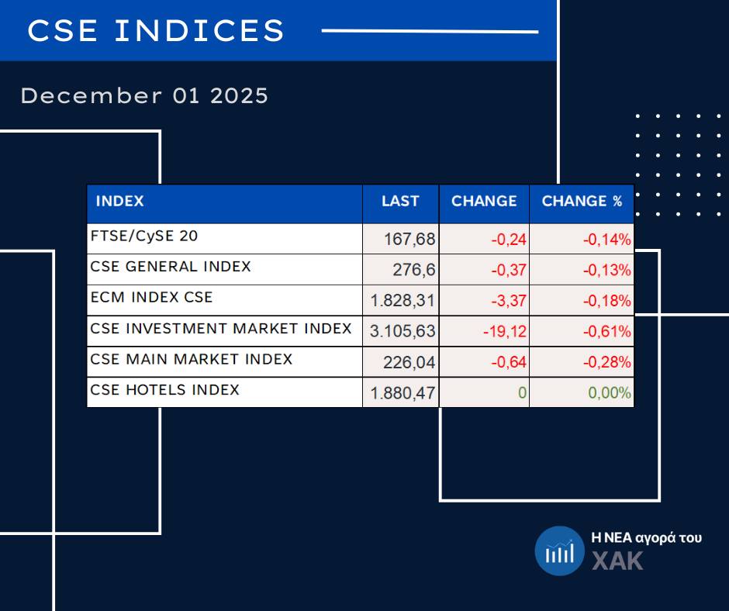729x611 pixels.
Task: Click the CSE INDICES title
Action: tap(156, 31)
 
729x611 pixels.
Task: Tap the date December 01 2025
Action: tap(144, 96)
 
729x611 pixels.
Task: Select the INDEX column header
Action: tap(119, 202)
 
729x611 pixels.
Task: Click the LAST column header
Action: tap(400, 202)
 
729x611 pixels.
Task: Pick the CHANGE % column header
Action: tap(582, 202)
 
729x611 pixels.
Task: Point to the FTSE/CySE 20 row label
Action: tap(144, 236)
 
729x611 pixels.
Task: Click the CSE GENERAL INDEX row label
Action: tap(171, 267)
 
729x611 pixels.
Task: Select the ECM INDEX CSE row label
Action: tap(151, 298)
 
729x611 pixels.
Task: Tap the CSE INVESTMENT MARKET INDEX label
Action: tap(221, 329)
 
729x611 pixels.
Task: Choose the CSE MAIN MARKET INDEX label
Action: tap(192, 360)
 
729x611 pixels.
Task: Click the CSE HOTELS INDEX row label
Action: tap(165, 390)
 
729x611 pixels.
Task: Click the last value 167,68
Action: tap(409, 240)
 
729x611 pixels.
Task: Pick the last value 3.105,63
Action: tap(403, 332)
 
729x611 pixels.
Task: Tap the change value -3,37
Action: tap(510, 301)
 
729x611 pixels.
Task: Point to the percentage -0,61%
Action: tap(607, 332)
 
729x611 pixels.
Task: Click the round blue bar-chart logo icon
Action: tap(558, 551)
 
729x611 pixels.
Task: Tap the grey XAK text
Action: tap(617, 561)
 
